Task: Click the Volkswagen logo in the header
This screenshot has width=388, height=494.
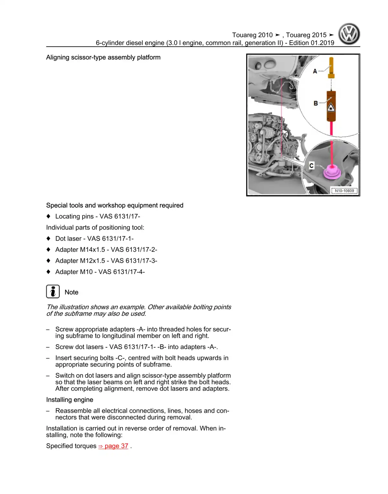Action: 349,34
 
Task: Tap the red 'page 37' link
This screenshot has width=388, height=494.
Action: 113,446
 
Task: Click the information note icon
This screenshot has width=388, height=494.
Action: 53,291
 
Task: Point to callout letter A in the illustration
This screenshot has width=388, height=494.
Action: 315,71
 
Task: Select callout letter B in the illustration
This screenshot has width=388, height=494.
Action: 316,104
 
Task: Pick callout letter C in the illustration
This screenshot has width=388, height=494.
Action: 311,166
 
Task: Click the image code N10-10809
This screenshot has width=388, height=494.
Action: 344,191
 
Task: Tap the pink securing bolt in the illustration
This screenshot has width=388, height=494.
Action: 331,171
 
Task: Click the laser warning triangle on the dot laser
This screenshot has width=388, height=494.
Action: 331,107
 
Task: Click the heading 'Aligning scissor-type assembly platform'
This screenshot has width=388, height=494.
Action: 103,58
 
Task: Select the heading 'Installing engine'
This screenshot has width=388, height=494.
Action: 70,400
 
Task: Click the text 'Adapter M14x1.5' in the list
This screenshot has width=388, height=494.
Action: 80,250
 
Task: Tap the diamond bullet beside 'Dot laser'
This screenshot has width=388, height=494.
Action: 48,239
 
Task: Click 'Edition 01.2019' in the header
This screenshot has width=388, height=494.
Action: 311,43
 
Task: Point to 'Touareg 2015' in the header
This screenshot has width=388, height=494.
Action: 306,35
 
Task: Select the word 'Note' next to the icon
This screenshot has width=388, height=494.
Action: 71,292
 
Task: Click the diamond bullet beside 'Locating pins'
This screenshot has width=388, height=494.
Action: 48,216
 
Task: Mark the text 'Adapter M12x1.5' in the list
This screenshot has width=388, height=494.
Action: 80,261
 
